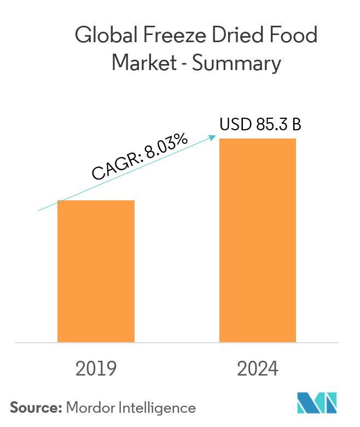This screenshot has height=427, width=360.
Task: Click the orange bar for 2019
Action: point(96,271)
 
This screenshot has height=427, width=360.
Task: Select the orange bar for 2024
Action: point(257,241)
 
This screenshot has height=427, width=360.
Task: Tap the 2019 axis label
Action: point(96,369)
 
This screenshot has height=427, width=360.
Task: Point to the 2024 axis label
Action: point(257,369)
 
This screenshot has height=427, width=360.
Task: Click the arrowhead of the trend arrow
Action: point(213,137)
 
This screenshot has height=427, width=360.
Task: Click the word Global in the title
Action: point(103,37)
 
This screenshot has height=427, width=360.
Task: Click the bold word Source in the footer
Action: point(36,408)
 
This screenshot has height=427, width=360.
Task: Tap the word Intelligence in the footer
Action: point(154,408)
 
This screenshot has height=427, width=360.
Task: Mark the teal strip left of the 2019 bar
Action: point(47,276)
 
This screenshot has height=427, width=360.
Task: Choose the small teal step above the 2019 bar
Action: point(102,186)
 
